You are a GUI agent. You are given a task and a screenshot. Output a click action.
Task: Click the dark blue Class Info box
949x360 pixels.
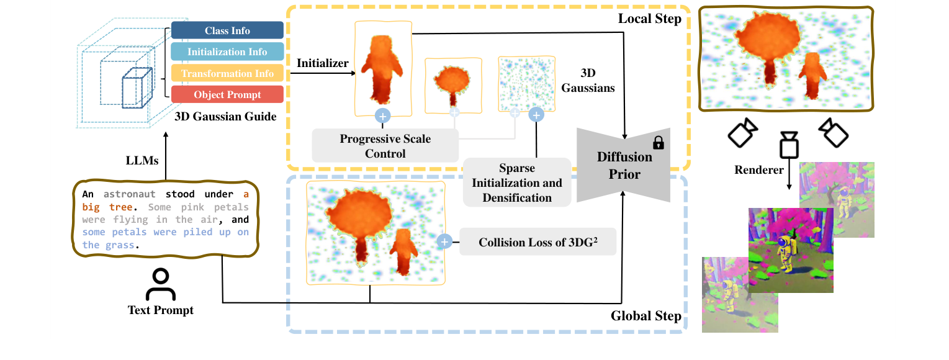(x=227, y=30)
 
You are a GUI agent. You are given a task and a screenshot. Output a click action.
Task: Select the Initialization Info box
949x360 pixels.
(x=227, y=52)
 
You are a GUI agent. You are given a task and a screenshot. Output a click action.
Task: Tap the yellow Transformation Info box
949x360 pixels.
(x=227, y=73)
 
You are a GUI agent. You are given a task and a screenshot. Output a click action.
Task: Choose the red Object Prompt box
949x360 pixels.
(x=227, y=94)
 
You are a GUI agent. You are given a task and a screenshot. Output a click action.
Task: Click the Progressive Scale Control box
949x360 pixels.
(x=385, y=146)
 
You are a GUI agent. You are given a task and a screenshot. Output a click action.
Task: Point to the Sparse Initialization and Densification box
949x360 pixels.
(x=516, y=182)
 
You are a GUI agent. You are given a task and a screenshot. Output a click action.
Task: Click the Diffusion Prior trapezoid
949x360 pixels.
(x=623, y=165)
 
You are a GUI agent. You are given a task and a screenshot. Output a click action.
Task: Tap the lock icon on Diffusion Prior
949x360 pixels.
(x=659, y=143)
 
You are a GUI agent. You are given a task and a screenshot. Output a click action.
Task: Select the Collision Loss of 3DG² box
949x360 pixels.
(x=537, y=242)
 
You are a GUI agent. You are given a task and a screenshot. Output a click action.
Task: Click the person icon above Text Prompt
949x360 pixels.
(x=160, y=285)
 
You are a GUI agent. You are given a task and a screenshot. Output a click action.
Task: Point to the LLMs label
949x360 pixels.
(x=142, y=160)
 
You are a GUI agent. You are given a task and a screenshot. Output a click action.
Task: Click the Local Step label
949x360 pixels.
(x=649, y=19)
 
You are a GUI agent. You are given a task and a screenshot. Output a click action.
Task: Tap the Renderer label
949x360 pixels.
(x=760, y=169)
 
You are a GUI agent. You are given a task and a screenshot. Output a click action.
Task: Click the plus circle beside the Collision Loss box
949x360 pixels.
(x=444, y=242)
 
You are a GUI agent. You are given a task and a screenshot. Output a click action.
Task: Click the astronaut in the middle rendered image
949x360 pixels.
(x=784, y=251)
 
